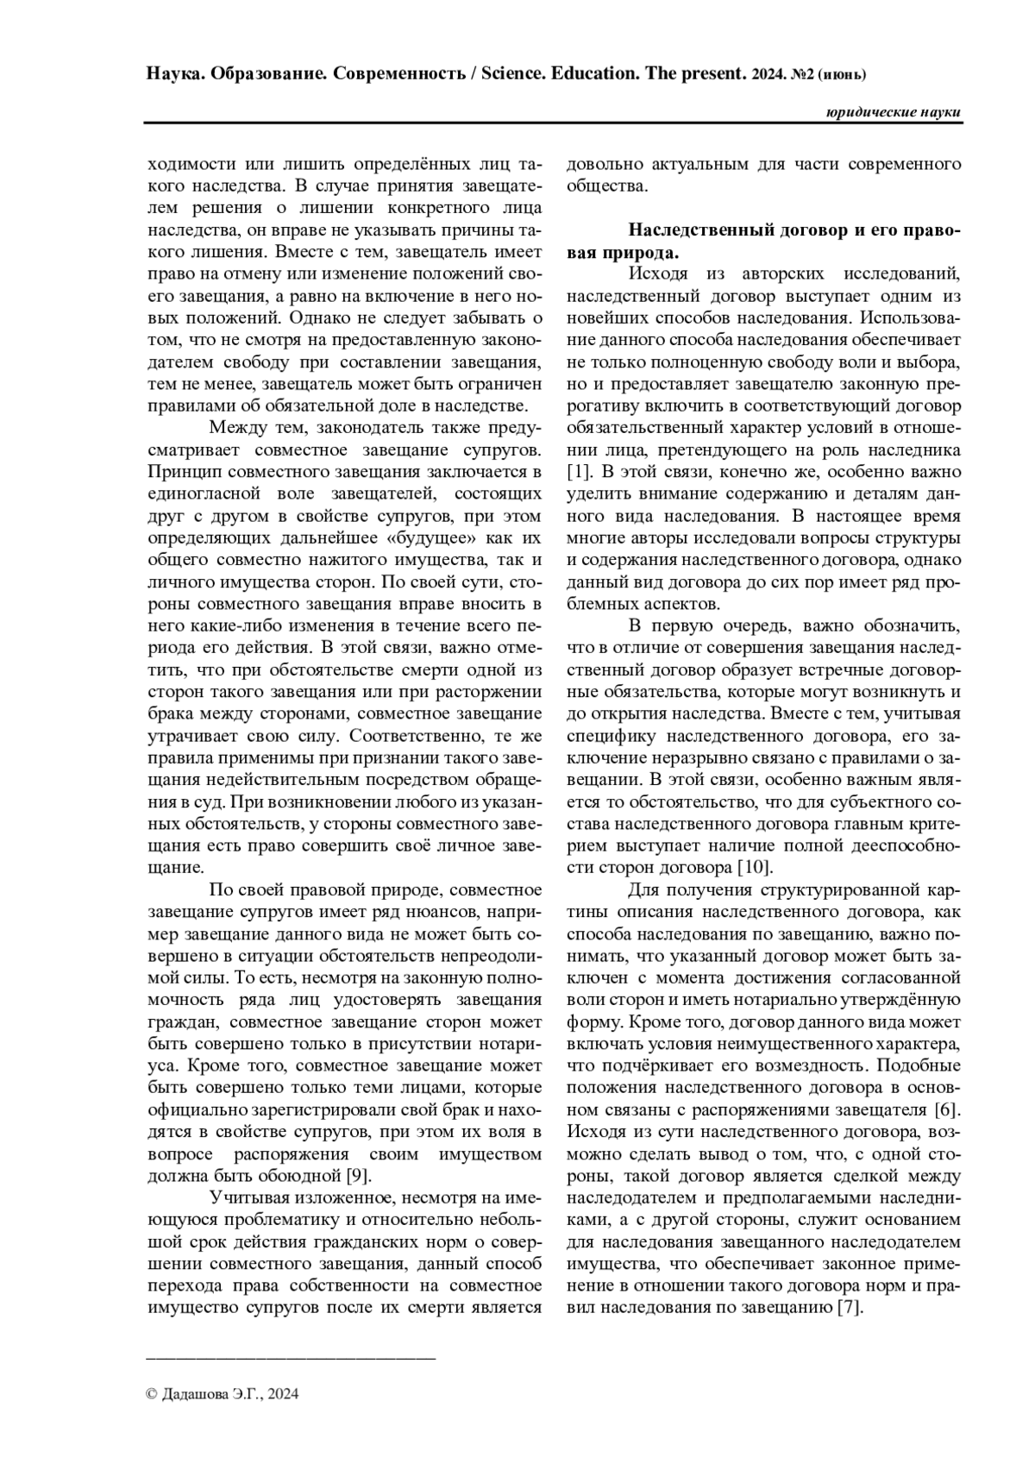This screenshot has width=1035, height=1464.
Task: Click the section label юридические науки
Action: coord(893,113)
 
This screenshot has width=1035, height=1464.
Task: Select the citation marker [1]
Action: coord(578,473)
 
